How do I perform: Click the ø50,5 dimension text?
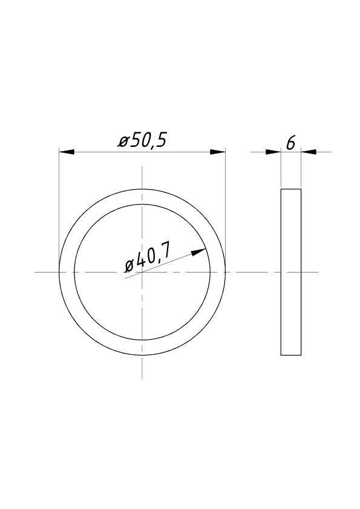tap(142, 141)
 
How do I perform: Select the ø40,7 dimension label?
tap(147, 261)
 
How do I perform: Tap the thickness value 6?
tap(291, 143)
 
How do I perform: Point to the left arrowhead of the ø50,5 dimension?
tap(67, 152)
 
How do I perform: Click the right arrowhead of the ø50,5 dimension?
tap(218, 152)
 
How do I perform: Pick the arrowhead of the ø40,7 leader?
tap(198, 251)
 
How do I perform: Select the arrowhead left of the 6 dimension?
tap(273, 152)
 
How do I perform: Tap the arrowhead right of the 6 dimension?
tap(309, 152)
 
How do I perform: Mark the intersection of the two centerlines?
tap(142, 272)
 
